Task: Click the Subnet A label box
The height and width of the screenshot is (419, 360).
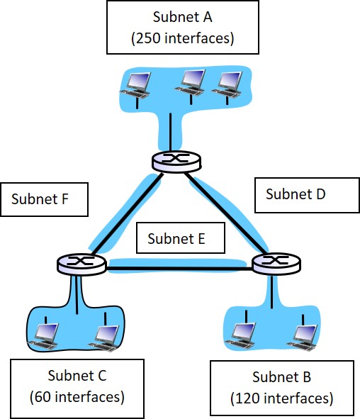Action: click(181, 28)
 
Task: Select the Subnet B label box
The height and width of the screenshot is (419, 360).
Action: click(281, 387)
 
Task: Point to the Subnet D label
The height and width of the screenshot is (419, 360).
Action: click(295, 194)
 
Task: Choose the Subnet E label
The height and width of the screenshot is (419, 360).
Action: click(176, 239)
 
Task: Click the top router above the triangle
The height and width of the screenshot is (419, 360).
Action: click(176, 161)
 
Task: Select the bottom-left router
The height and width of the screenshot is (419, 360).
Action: click(81, 264)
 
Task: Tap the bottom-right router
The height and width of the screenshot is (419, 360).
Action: click(276, 264)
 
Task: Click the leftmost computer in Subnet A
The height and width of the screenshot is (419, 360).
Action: click(136, 84)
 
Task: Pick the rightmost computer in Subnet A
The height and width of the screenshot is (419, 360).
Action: click(228, 83)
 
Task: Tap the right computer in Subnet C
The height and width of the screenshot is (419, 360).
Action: click(105, 336)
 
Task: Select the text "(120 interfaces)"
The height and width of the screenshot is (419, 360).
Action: click(281, 398)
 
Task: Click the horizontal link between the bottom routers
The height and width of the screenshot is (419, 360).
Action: click(179, 266)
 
